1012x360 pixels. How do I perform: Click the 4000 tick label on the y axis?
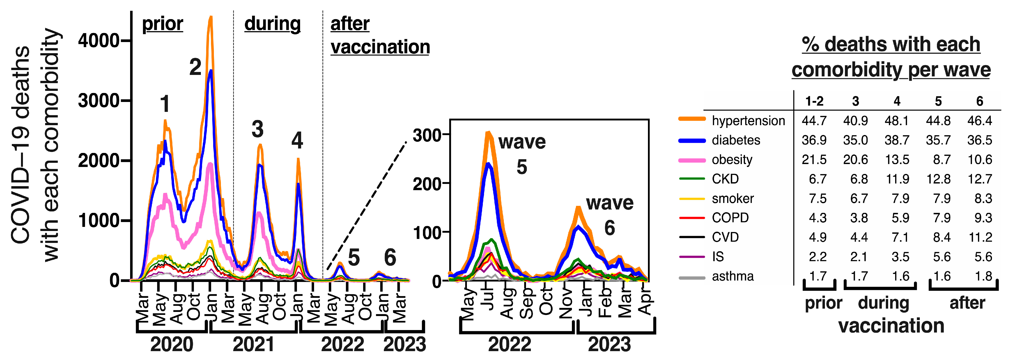pos(98,41)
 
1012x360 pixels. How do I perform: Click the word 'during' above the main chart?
pos(272,24)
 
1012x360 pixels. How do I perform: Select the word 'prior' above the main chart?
pos(162,24)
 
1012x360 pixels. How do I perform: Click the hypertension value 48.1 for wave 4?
pos(897,121)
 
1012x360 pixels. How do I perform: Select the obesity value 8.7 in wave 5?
pos(942,159)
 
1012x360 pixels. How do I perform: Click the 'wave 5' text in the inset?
pos(522,153)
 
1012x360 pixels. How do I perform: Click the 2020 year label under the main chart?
pos(172,345)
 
